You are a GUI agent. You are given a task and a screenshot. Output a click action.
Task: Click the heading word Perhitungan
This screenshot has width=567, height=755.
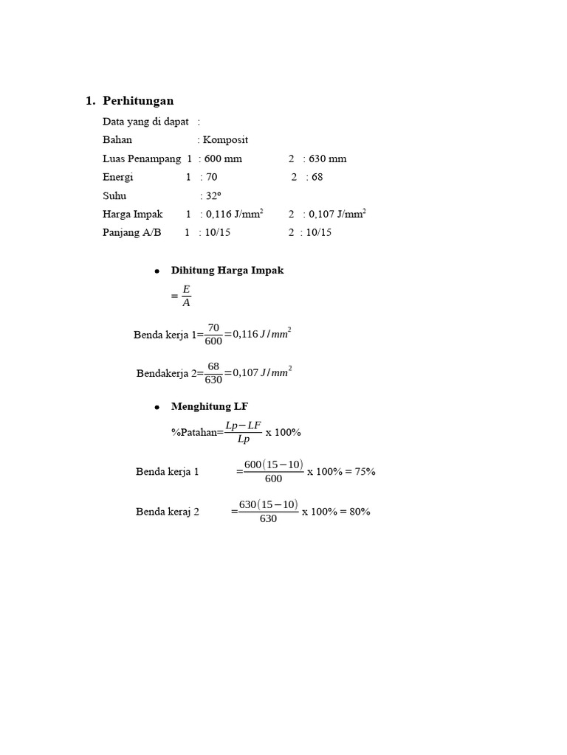tap(138, 101)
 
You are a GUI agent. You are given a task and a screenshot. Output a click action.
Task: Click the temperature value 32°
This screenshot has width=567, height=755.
tap(213, 195)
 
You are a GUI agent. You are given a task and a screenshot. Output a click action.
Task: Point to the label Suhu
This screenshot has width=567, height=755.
tap(114, 195)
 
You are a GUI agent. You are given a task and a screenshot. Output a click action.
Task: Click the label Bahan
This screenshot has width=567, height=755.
tap(117, 140)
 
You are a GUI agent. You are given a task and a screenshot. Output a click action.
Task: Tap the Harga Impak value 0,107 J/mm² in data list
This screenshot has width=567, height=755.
tap(337, 214)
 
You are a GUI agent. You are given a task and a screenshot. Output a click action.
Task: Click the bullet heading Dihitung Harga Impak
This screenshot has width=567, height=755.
tap(227, 271)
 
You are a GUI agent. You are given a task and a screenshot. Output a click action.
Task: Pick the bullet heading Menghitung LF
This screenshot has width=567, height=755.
tap(214, 406)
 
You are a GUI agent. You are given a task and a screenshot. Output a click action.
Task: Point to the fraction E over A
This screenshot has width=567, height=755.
tap(186, 296)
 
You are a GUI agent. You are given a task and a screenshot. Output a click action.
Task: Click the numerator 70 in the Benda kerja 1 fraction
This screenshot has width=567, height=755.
tap(213, 327)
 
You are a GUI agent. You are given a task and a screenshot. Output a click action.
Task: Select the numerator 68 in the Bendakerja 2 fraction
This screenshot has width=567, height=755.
tap(213, 366)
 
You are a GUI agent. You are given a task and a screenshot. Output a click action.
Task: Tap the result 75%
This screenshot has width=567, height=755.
tap(365, 472)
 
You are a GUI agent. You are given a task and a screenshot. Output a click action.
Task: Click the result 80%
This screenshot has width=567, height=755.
tap(360, 512)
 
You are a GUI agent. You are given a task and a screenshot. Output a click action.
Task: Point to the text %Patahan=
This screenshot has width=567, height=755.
tap(197, 433)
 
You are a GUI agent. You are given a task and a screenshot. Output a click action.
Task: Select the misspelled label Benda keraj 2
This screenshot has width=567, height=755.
tap(168, 512)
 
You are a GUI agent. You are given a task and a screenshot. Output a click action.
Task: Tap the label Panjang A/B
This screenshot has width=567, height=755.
tap(132, 232)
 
